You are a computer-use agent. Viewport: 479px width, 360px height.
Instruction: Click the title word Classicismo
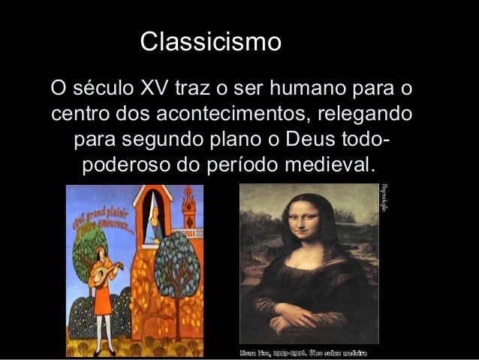coord(211,41)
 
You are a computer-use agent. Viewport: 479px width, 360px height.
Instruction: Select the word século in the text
coord(106,89)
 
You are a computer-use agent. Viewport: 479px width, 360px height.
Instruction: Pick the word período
coord(239,164)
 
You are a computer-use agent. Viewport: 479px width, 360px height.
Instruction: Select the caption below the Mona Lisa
coord(303,352)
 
